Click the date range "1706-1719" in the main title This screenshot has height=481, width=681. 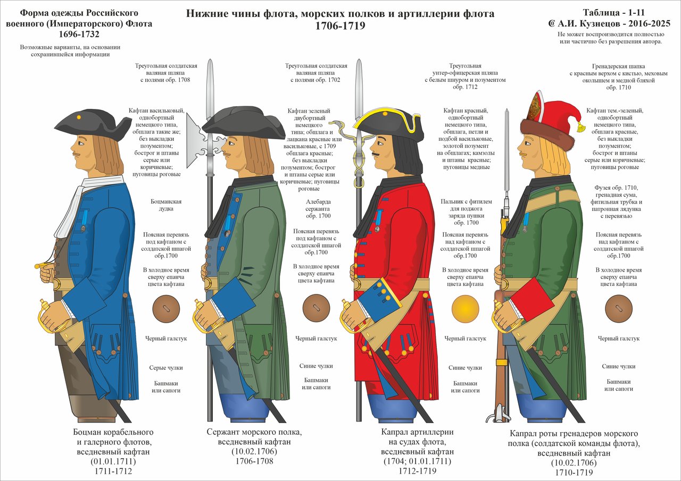tap(340, 25)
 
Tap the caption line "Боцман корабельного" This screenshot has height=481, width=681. tap(113, 432)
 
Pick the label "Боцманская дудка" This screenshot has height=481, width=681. tap(167, 205)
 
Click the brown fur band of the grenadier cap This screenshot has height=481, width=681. tap(547, 133)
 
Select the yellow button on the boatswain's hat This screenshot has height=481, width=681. tap(79, 116)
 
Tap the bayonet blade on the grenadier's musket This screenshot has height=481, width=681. tap(507, 144)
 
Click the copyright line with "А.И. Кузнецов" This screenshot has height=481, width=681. tap(609, 24)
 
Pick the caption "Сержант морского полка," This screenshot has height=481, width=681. tap(254, 432)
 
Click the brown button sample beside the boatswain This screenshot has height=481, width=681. tap(165, 309)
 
